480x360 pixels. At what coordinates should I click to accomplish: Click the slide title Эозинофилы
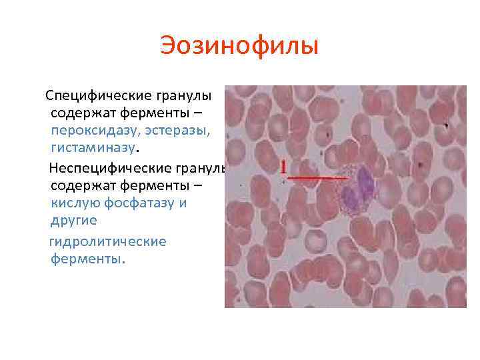(239, 47)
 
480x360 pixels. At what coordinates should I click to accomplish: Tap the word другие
(73, 220)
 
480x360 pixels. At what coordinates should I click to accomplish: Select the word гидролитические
(108, 241)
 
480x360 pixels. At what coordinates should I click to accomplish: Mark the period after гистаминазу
(137, 149)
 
